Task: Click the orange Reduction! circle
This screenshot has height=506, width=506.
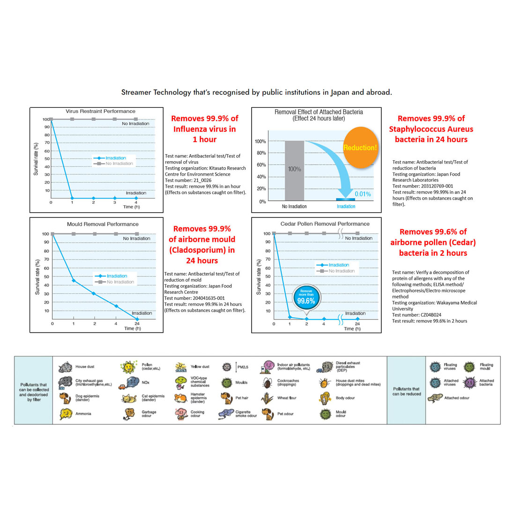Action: pos(360,148)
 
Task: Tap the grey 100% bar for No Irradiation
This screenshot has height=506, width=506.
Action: pos(294,171)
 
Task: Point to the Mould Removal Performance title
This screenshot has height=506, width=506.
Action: pos(97,224)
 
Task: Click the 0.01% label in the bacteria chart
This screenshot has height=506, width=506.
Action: pos(363,193)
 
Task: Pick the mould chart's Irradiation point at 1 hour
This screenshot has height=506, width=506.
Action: pos(74,280)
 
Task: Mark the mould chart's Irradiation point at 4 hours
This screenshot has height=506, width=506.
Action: pos(116,306)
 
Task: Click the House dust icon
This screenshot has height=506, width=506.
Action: pos(67,366)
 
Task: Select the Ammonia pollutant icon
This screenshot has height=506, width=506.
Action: pos(66,414)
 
